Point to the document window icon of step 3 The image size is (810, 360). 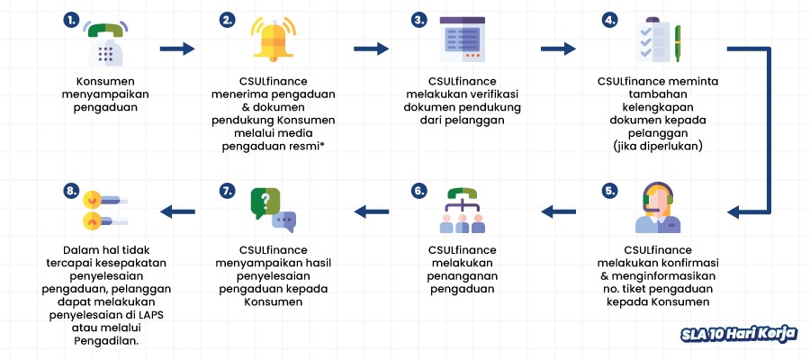click(x=463, y=40)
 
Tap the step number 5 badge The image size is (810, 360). click(x=611, y=191)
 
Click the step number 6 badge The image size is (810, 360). click(x=418, y=191)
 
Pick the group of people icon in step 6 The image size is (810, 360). click(x=463, y=211)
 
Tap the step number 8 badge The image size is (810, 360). click(x=71, y=191)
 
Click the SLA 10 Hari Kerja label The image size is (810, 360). click(x=738, y=334)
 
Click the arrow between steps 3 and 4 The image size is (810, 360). click(x=558, y=49)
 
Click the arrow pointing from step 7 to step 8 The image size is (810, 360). click(x=177, y=211)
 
